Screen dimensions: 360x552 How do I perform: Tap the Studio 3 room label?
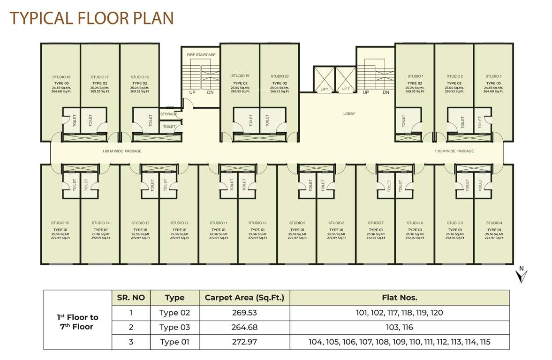point(493,76)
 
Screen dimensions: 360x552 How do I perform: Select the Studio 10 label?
point(257,223)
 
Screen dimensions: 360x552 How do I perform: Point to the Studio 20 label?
point(280,76)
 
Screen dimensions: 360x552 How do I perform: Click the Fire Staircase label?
point(201,55)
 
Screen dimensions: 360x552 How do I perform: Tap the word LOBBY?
point(349,114)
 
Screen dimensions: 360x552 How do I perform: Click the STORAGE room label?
point(169,114)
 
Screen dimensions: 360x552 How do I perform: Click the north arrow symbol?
point(521,275)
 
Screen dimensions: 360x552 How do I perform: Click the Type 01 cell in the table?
point(174,342)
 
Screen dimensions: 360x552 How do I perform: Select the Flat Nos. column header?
point(399,298)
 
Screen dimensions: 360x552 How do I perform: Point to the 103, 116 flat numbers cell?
point(399,327)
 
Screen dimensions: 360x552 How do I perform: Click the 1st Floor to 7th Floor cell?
point(78,322)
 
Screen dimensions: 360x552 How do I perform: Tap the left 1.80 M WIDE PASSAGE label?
point(121,151)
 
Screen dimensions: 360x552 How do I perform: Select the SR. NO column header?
point(131,298)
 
